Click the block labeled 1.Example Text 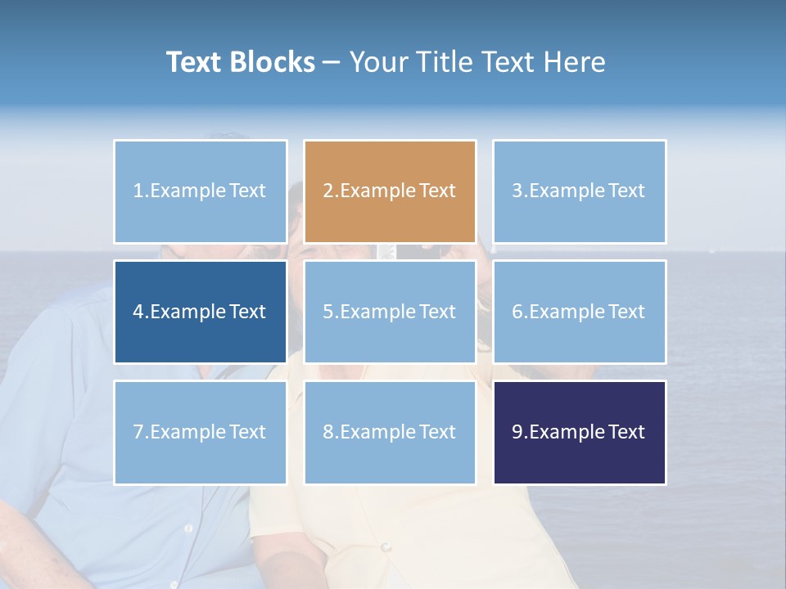click(201, 191)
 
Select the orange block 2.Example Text click(390, 191)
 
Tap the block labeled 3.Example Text click(579, 191)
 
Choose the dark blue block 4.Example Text click(201, 312)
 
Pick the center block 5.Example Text click(390, 312)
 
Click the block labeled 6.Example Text click(579, 312)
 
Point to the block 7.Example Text click(201, 432)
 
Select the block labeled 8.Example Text click(390, 432)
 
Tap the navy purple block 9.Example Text click(579, 432)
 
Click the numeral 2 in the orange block click(327, 191)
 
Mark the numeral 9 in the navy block click(517, 432)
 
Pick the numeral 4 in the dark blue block click(138, 312)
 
